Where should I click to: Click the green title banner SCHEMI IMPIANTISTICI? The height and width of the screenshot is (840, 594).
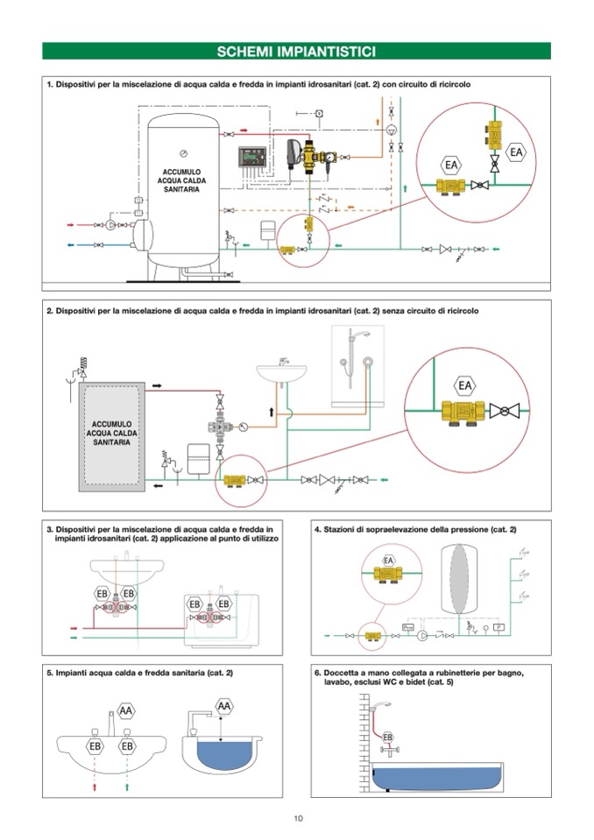click(x=296, y=52)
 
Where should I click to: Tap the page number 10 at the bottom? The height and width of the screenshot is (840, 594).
click(x=298, y=818)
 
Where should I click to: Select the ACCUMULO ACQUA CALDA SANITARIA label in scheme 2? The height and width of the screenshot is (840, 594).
click(x=111, y=433)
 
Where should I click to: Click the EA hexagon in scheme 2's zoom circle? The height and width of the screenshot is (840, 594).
click(x=465, y=385)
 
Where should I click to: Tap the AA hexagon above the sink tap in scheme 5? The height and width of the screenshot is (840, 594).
click(x=125, y=710)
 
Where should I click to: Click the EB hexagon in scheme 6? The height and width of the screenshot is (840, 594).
click(x=388, y=738)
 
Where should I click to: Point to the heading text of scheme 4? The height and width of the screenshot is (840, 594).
click(x=415, y=530)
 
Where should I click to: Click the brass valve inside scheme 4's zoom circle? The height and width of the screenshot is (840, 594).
click(x=388, y=575)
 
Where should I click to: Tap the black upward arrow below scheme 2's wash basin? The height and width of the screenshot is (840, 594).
click(x=272, y=410)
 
